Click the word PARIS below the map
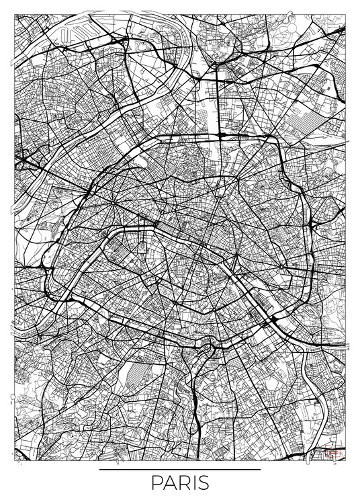pyautogui.click(x=180, y=485)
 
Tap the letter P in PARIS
pyautogui.click(x=156, y=485)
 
